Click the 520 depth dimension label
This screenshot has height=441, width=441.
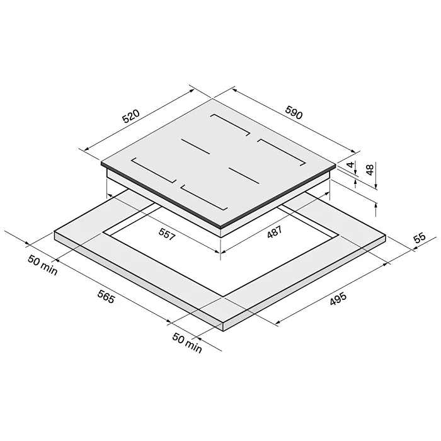[x=130, y=117]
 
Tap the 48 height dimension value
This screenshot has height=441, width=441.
[x=370, y=169]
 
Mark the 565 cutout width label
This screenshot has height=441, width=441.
[x=106, y=297]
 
